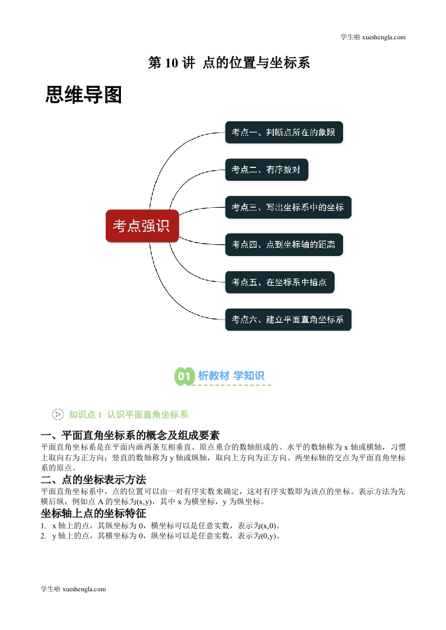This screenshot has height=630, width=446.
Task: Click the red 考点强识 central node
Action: coord(142,226)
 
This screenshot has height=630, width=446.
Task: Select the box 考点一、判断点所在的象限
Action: coord(284,132)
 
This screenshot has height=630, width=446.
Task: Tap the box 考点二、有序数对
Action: coord(267,170)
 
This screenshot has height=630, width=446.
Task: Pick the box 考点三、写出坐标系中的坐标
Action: coord(288,207)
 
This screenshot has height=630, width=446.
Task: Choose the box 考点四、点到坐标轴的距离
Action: coord(284,244)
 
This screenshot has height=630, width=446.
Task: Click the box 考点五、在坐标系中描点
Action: coord(280,282)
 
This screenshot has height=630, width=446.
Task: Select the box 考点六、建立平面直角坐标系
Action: coord(288,319)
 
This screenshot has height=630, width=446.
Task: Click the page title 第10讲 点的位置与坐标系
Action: coord(229,63)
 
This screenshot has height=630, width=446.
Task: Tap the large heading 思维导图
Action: coord(83,95)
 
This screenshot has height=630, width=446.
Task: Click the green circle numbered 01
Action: coord(184,376)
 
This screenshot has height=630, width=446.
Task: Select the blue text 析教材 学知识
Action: coord(231,376)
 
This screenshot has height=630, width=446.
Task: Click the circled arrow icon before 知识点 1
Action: coord(58,414)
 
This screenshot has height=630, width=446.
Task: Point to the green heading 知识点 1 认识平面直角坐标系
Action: coord(128,414)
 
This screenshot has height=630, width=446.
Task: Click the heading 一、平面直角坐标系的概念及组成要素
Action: coord(130,435)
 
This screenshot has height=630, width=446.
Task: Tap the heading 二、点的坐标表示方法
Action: coord(93,480)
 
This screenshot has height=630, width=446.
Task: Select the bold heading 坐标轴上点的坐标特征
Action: coord(93,513)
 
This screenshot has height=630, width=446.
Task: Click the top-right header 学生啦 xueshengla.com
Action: coord(373,37)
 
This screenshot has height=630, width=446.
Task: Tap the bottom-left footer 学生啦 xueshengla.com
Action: coord(73,589)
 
